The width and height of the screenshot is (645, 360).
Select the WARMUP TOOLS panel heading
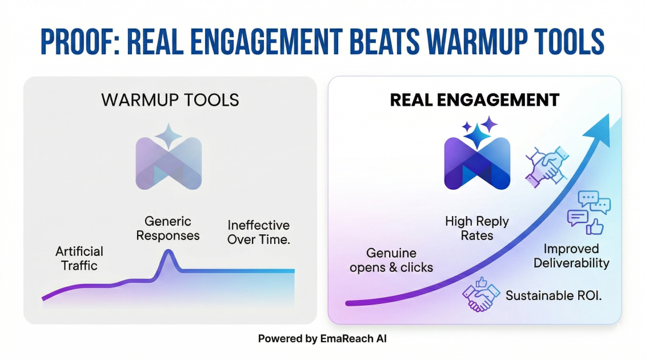pos(170,100)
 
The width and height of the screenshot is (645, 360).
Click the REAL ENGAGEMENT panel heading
pos(474,100)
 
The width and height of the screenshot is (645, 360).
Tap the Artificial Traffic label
pos(79,258)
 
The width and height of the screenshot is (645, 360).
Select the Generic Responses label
pos(168,228)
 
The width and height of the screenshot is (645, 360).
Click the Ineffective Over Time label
pos(259,232)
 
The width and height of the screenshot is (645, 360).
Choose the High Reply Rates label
pos(477,228)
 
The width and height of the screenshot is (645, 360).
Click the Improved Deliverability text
pos(571,256)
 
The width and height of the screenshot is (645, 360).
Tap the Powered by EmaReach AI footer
pos(322,338)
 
